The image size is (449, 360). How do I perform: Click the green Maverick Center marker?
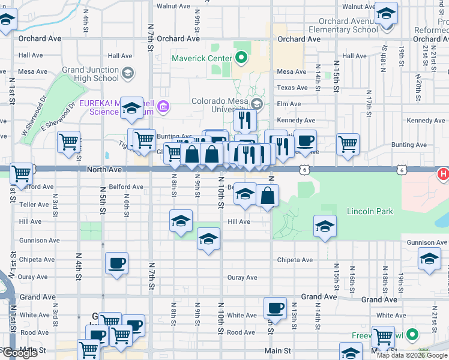click(x=241, y=58)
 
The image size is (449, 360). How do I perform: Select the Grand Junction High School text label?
click(x=90, y=74)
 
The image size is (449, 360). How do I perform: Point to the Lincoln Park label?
click(x=370, y=211)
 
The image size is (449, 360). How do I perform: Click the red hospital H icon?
click(x=444, y=174)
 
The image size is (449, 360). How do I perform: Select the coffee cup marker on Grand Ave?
click(x=275, y=308)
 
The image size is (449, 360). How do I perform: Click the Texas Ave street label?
click(x=292, y=88)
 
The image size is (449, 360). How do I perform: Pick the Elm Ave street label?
click(x=288, y=104)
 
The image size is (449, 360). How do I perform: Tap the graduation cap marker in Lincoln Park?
click(x=325, y=227)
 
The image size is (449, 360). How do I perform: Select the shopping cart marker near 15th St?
click(x=348, y=144)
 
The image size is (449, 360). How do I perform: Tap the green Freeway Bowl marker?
click(x=412, y=335)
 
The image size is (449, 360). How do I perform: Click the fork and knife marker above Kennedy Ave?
click(x=244, y=121)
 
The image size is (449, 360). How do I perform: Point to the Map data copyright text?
click(x=412, y=355)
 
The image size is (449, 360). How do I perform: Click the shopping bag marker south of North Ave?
click(x=267, y=196)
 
